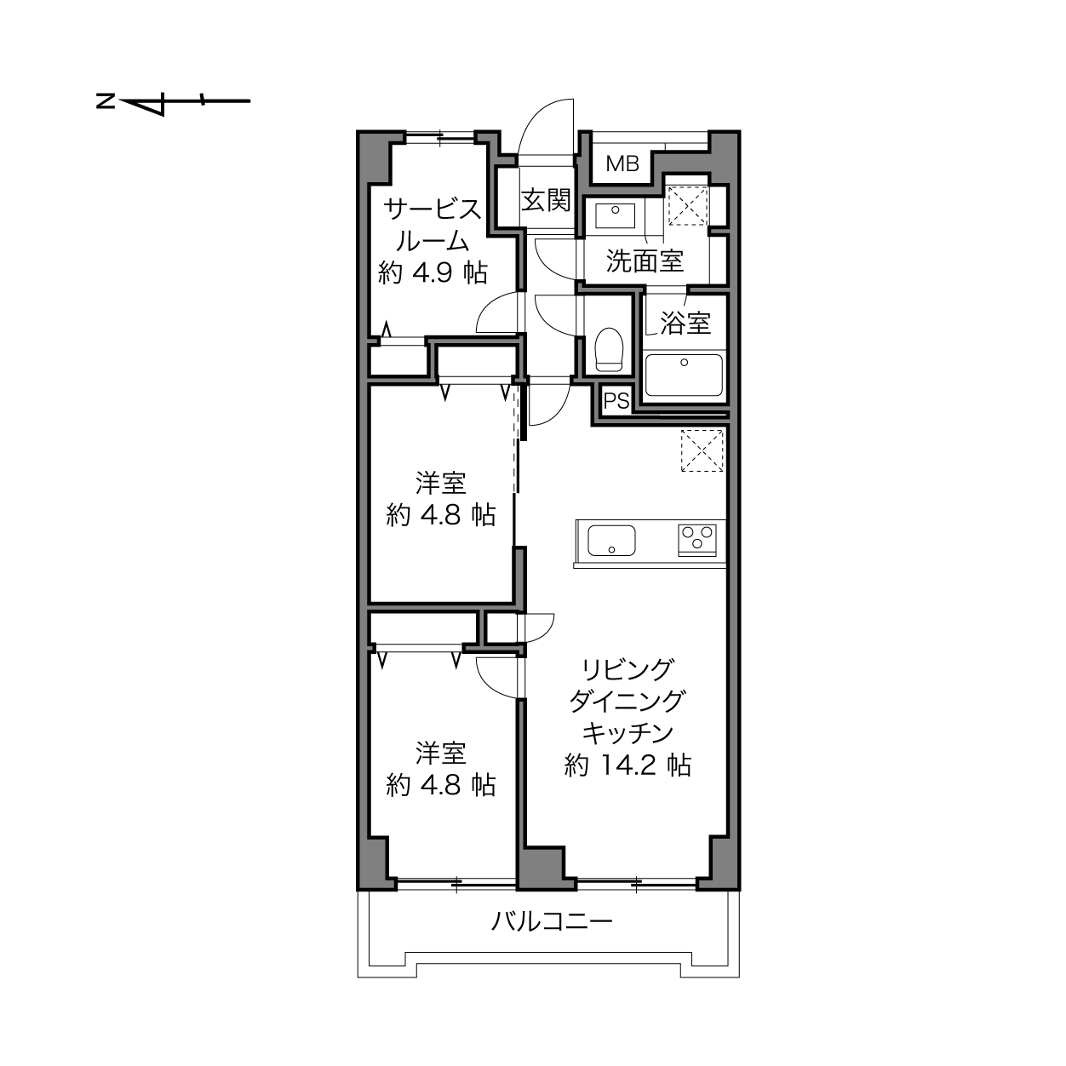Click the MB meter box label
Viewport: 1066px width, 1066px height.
point(622,163)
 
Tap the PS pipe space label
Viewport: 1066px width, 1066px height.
point(616,400)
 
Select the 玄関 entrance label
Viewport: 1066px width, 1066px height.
point(546,200)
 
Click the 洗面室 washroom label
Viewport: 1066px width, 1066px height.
point(645,261)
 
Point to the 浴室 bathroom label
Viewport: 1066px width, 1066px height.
point(686,323)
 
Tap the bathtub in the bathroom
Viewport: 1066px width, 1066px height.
point(684,375)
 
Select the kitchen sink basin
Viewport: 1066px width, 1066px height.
point(611,540)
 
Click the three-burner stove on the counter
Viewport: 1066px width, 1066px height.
point(697,539)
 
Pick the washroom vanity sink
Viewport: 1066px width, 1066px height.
point(615,215)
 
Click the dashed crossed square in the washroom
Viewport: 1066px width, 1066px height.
point(688,206)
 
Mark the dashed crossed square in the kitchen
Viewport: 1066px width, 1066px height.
point(702,450)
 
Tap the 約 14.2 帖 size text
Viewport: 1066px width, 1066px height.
point(628,765)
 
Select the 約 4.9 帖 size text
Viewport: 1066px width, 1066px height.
point(433,273)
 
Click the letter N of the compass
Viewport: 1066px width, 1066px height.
point(105,101)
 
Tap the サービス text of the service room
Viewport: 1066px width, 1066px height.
point(433,209)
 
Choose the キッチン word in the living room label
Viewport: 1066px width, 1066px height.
point(628,734)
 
